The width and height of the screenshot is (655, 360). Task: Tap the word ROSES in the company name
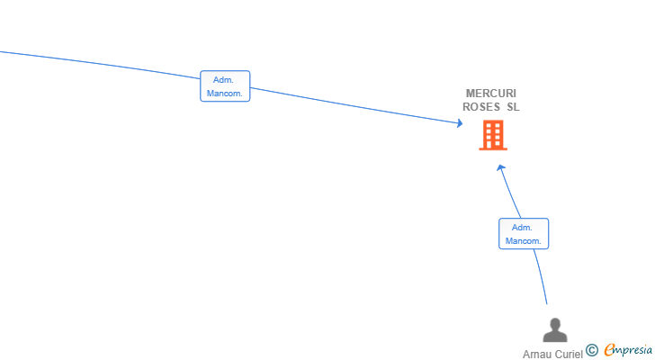click(481, 107)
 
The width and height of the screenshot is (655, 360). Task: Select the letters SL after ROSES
click(513, 107)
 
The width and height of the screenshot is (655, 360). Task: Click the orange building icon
click(493, 135)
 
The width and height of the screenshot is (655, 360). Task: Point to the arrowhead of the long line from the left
click(460, 122)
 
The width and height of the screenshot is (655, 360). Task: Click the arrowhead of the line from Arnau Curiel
click(501, 168)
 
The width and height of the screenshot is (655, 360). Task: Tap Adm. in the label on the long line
click(223, 80)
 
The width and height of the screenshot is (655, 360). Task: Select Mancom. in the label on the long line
click(225, 93)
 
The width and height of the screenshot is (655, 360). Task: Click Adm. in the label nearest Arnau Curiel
click(522, 228)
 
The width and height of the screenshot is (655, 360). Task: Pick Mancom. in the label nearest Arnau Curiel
click(524, 241)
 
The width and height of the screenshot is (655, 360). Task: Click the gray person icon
click(555, 330)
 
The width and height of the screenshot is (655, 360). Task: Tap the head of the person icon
click(555, 324)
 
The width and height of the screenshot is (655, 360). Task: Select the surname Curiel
click(568, 355)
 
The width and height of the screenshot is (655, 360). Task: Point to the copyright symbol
click(592, 350)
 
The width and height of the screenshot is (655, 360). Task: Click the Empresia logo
click(628, 350)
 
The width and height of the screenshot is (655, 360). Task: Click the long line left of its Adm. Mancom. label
click(100, 64)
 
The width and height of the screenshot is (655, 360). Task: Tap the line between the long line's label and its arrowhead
click(355, 105)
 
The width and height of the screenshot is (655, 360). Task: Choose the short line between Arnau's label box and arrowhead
click(510, 192)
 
